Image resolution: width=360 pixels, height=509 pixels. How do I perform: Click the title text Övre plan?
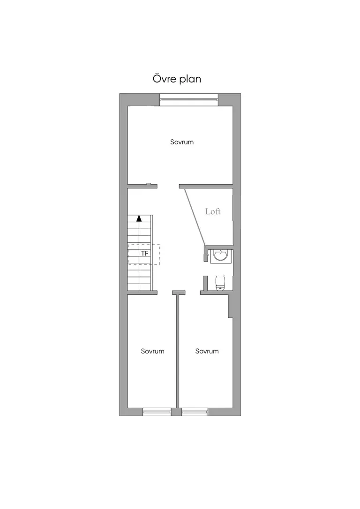[177, 79]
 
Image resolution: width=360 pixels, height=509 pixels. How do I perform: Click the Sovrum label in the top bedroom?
[182, 142]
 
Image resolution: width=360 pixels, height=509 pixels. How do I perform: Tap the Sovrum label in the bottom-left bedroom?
[152, 351]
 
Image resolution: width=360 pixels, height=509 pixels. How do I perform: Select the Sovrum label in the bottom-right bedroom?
[207, 351]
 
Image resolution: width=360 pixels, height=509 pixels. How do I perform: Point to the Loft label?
[213, 211]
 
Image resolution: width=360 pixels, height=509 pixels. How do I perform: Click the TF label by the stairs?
[145, 253]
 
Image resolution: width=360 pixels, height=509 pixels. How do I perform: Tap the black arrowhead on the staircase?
[139, 218]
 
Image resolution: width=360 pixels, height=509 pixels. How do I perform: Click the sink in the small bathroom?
[221, 255]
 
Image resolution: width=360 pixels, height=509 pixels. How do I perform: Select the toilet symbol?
[220, 283]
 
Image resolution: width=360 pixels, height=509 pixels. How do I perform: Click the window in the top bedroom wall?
[189, 99]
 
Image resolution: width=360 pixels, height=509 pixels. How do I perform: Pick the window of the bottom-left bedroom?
[157, 412]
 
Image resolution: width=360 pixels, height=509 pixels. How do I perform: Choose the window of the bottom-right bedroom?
[195, 412]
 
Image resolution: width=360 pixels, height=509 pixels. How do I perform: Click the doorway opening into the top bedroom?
[168, 187]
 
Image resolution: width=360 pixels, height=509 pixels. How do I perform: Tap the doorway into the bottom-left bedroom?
[165, 292]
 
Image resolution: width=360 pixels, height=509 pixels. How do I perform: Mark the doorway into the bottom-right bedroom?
[193, 292]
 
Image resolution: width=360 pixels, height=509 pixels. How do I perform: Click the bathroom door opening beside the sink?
[205, 269]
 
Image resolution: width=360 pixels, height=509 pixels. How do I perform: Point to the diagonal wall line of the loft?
[195, 217]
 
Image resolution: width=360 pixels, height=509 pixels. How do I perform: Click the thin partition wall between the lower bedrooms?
[178, 351]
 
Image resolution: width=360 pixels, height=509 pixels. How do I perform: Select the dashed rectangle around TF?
[144, 254]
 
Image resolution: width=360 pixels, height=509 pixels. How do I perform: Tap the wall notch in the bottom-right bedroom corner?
[231, 307]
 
